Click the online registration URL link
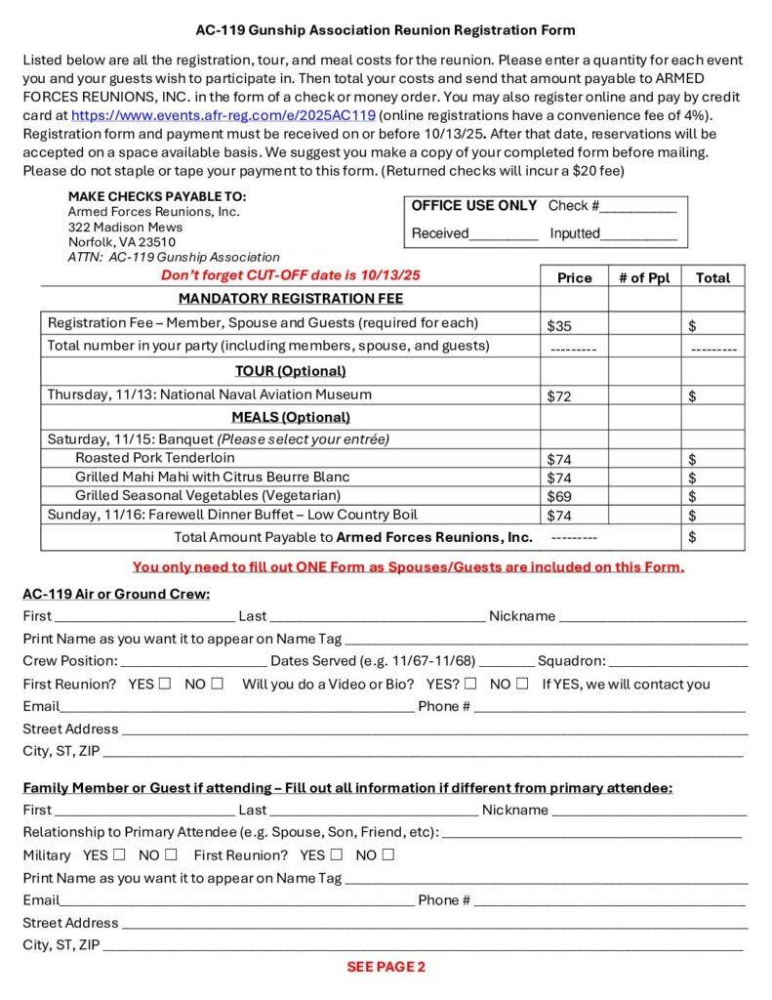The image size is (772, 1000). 223,114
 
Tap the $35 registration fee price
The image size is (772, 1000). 559,325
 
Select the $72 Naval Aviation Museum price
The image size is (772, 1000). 559,396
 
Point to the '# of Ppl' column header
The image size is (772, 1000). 644,277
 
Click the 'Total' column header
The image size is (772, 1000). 712,277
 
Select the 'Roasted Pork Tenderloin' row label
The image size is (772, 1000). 155,457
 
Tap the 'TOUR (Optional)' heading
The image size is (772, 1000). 290,371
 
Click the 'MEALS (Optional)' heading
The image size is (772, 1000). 290,417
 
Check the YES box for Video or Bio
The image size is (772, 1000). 471,684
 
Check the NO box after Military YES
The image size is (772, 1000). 172,854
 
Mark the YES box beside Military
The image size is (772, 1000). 116,854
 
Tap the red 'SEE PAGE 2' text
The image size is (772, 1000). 386,967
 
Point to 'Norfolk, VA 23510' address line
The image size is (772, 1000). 122,242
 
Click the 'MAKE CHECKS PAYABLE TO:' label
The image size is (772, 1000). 157,196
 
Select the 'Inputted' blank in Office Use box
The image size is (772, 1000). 639,235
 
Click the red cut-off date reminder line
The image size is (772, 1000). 290,275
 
